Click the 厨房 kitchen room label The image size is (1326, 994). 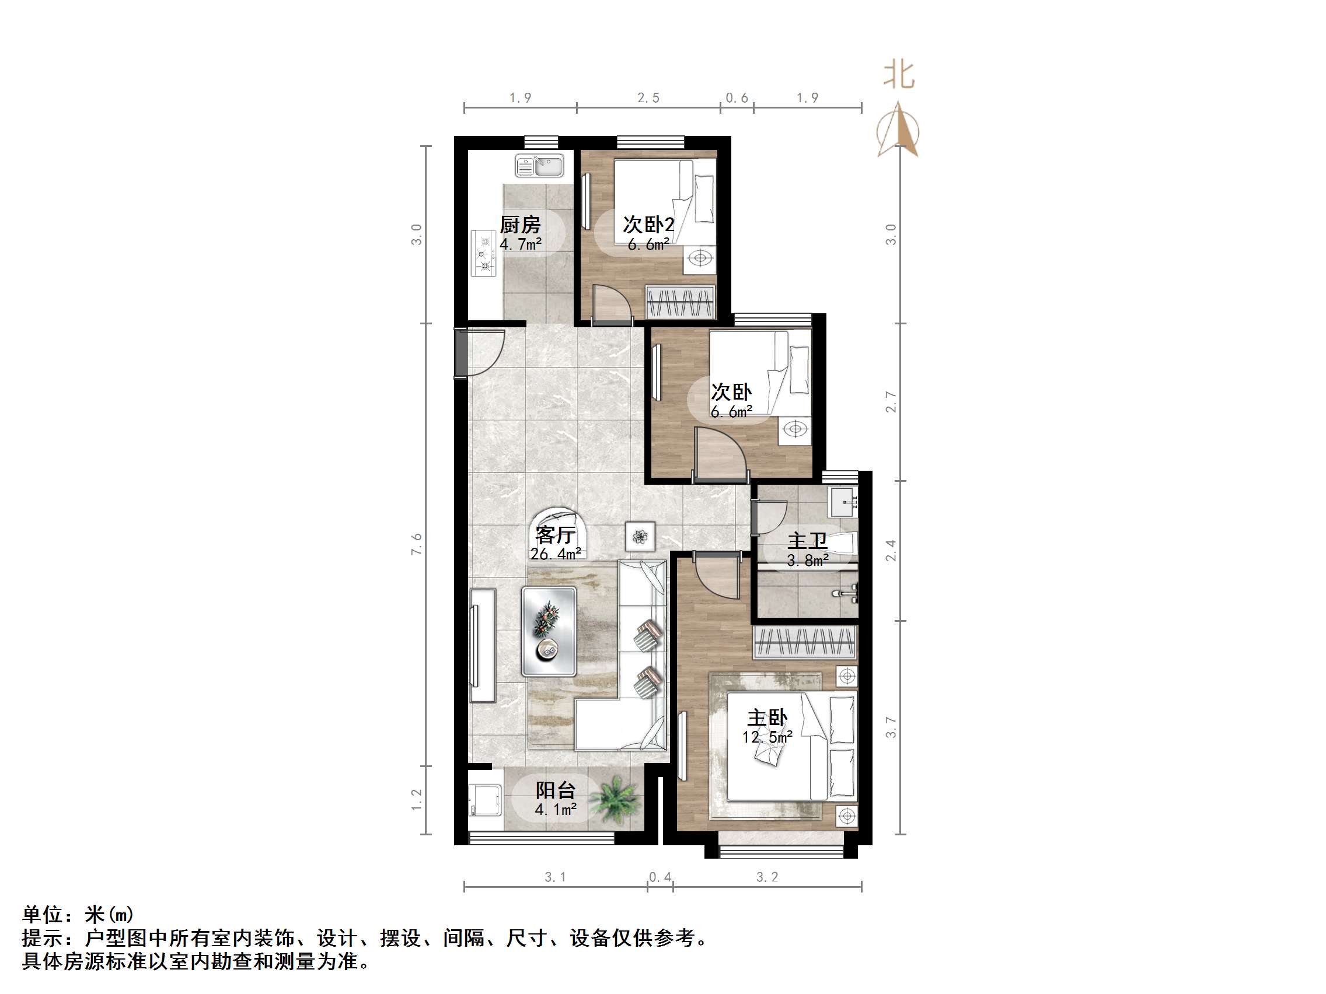pos(521,225)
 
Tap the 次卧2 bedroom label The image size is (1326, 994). pos(648,225)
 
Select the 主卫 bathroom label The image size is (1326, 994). pos(808,541)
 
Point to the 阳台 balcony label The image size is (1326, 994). pos(556,790)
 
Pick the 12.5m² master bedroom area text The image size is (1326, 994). pos(767,737)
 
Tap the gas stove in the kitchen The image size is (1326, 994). pos(484,253)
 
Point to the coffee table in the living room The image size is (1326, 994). pos(549,632)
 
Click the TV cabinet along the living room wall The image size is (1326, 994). pos(483,645)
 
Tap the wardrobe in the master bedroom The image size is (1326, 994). pos(805,642)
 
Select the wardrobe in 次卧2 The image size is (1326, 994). pos(681,302)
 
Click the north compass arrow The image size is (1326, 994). pos(898,129)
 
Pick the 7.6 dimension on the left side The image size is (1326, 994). pos(417,544)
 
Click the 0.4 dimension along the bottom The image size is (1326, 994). pos(660,877)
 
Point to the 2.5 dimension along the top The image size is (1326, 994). pos(648,97)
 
